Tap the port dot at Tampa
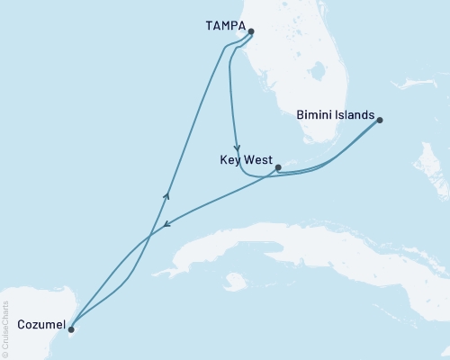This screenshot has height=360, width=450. pyautogui.click(x=251, y=31)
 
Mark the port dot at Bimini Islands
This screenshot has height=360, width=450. pyautogui.click(x=380, y=120)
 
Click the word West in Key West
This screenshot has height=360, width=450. pyautogui.click(x=257, y=160)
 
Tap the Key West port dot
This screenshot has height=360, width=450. pyautogui.click(x=278, y=167)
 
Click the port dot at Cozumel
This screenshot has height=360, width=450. pyautogui.click(x=71, y=329)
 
